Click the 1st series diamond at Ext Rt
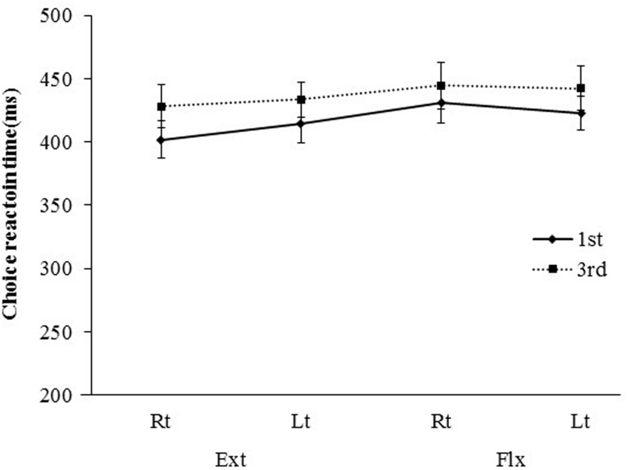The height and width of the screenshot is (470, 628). [x=161, y=139]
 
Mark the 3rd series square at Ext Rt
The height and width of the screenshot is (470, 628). [x=161, y=107]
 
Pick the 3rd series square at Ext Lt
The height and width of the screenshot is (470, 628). [x=301, y=99]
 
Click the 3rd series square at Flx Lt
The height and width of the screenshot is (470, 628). [x=582, y=89]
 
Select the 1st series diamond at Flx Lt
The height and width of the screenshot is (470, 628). [x=582, y=113]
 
